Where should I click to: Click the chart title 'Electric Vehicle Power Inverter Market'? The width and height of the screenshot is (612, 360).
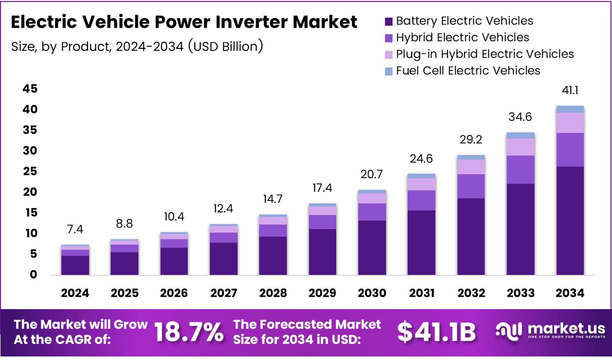coord(184,23)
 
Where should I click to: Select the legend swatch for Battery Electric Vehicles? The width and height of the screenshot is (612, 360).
coord(389,22)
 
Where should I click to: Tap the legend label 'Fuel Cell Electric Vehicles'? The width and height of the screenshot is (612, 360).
coord(468,70)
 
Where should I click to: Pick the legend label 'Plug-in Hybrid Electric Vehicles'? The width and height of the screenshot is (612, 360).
coord(485,54)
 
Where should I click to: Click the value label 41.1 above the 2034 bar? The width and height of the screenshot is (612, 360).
coord(570,91)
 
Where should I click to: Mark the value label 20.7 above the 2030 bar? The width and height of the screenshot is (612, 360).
coord(372,175)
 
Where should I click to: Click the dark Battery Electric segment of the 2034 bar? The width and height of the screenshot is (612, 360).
coord(570,221)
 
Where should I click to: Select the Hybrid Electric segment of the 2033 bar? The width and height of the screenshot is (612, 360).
coord(520,170)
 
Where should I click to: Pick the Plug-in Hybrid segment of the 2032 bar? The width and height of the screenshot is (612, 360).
coord(471,167)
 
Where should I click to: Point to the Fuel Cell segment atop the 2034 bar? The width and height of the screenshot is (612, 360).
coord(570,109)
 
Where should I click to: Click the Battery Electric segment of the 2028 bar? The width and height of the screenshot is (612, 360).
coord(273,256)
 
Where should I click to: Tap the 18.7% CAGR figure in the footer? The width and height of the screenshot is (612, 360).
coord(189,332)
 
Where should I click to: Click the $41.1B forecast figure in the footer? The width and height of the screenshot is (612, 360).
coord(436,332)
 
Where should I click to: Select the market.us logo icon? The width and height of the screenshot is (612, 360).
coord(508,331)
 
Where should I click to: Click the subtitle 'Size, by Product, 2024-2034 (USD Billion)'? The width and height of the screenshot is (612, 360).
coord(137,46)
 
